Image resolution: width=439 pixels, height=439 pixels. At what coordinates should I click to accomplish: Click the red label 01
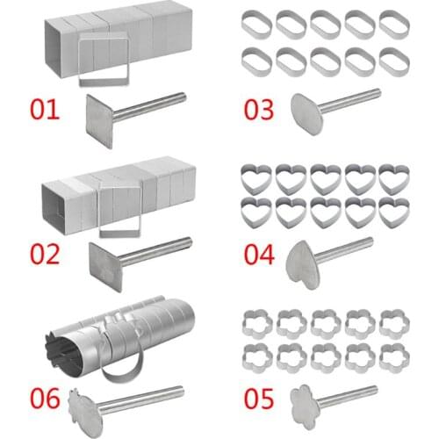coord(47,112)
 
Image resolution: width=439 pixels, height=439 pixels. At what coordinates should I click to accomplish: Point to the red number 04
coord(261,255)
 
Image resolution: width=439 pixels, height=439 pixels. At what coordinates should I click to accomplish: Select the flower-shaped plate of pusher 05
coord(308,405)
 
